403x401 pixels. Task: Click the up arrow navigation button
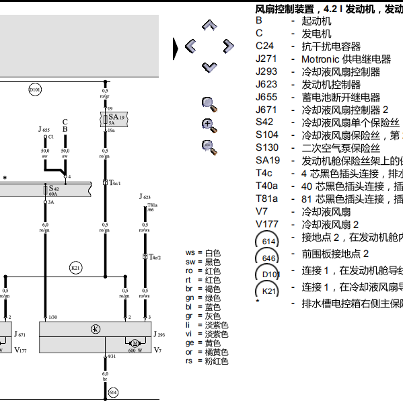click(210, 26)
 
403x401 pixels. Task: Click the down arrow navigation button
click(210, 67)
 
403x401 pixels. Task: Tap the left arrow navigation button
click(190, 46)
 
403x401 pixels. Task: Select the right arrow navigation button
click(229, 46)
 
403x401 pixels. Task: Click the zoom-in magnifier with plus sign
click(209, 124)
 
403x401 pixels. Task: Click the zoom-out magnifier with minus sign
click(209, 146)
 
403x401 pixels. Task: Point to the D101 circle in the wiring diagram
click(35, 89)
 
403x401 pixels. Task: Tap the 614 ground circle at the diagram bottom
click(112, 393)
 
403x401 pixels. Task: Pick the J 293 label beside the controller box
click(159, 334)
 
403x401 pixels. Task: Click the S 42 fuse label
click(54, 189)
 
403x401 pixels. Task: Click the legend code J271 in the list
click(266, 59)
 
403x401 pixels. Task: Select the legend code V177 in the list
click(267, 225)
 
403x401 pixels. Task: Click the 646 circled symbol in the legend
click(269, 258)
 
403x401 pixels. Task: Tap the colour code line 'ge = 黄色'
click(207, 343)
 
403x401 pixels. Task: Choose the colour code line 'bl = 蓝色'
click(207, 306)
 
